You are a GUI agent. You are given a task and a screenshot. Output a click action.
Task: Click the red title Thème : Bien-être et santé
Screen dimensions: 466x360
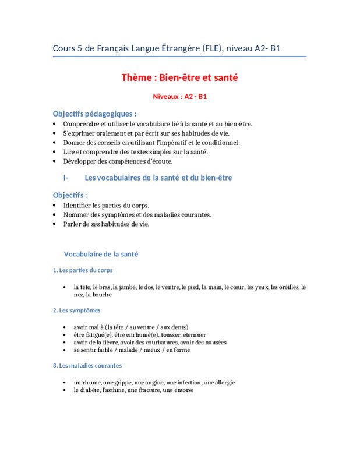(179, 77)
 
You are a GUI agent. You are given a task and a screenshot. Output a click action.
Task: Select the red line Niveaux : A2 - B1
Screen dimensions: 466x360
(179, 96)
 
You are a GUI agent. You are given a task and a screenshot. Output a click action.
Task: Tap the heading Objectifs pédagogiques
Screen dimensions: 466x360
(95, 114)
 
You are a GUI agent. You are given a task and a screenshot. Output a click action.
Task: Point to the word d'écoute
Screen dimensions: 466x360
(158, 161)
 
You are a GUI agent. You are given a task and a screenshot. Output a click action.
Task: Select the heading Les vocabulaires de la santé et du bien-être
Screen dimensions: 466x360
(158, 178)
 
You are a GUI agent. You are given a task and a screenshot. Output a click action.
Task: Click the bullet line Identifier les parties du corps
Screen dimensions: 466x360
(106, 205)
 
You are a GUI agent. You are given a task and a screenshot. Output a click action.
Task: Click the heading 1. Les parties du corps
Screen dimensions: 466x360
(82, 270)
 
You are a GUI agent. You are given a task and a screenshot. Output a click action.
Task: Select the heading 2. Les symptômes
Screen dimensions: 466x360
(76, 310)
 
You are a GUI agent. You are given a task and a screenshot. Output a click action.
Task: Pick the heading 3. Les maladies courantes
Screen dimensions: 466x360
(87, 365)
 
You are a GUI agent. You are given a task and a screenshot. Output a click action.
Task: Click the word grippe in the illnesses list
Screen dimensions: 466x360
(121, 383)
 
